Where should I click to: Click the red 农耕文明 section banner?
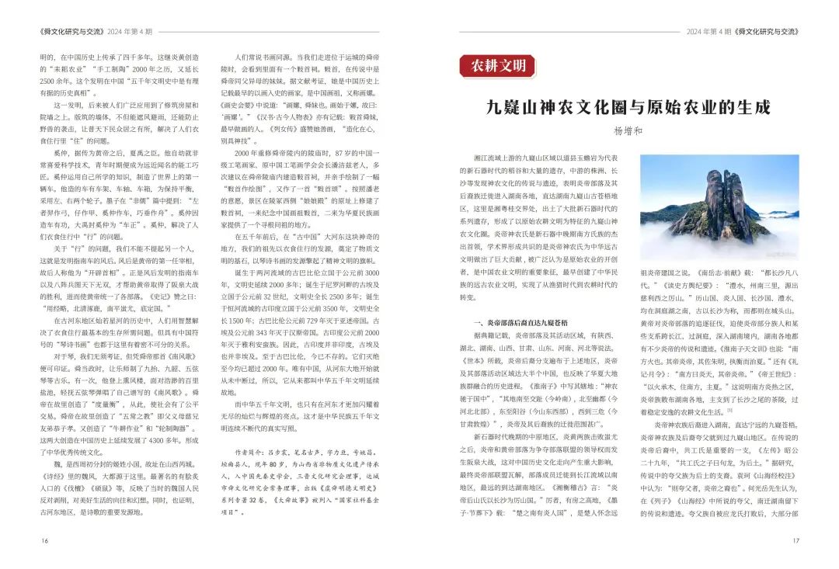(x=498, y=66)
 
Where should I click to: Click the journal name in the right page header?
(x=768, y=32)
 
